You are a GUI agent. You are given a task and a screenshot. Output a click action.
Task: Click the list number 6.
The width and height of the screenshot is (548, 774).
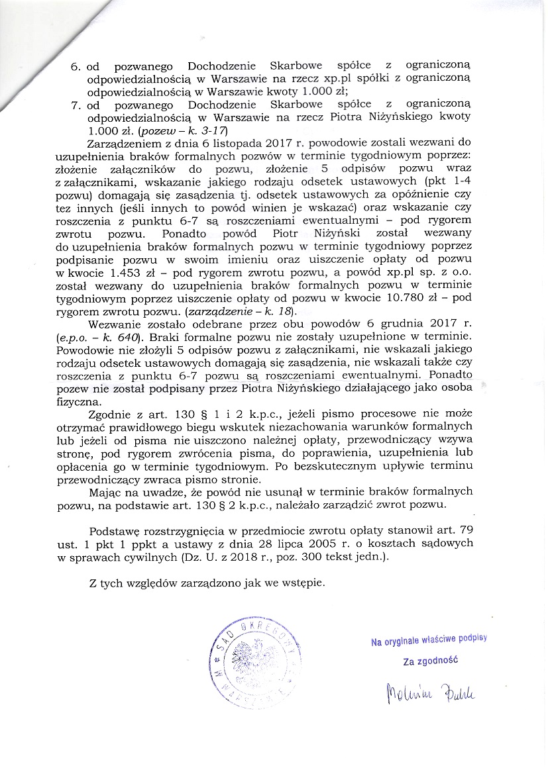(x=76, y=67)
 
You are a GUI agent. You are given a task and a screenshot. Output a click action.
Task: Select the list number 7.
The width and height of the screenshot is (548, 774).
(x=76, y=105)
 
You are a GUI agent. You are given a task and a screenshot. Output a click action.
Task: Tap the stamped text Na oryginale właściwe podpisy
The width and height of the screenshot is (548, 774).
(x=429, y=640)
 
